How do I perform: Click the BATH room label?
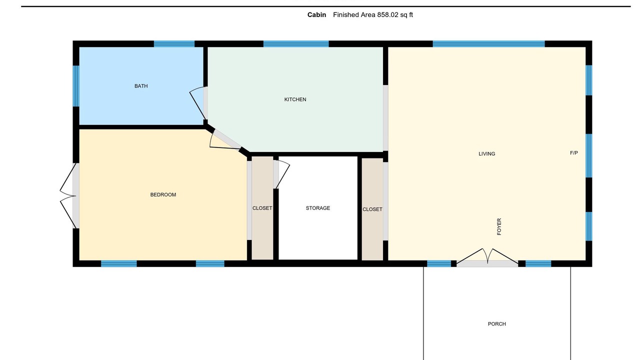click(141, 86)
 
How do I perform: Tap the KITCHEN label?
click(295, 99)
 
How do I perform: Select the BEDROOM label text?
click(163, 194)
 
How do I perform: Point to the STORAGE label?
click(317, 208)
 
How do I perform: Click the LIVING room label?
click(487, 153)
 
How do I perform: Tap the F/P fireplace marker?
click(573, 153)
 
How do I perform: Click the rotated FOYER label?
click(499, 226)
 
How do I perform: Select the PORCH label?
click(497, 323)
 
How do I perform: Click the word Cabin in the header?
click(316, 15)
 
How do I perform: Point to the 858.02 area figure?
click(387, 15)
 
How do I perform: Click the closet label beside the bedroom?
click(262, 208)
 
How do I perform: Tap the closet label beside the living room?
click(372, 209)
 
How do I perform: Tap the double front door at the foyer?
click(487, 256)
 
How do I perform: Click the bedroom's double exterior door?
click(68, 195)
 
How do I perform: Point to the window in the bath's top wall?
click(174, 43)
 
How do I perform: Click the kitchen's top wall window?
click(296, 43)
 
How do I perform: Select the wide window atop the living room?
click(489, 43)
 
